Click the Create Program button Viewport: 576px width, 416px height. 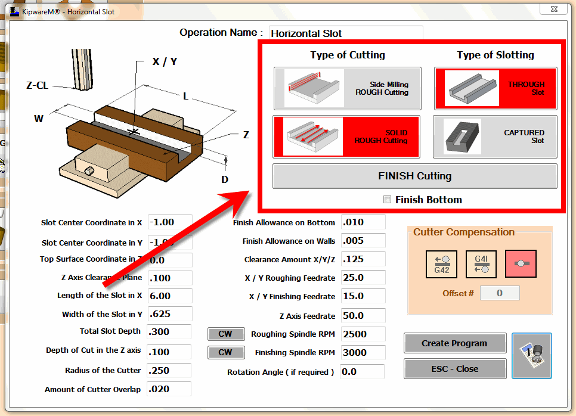pyautogui.click(x=454, y=343)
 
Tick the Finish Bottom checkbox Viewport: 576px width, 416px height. pyautogui.click(x=388, y=200)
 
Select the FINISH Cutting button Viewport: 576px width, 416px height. pyautogui.click(x=414, y=176)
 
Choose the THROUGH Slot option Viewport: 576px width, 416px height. pyautogui.click(x=495, y=88)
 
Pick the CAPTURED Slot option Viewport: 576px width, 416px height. pyautogui.click(x=495, y=136)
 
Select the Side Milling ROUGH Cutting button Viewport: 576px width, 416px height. pyautogui.click(x=347, y=88)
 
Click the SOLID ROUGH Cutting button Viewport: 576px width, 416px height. pyautogui.click(x=346, y=136)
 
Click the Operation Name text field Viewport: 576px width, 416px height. pyautogui.click(x=346, y=33)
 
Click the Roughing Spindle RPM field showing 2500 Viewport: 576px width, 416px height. pyautogui.click(x=363, y=334)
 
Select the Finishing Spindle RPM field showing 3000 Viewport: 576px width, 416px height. pyautogui.click(x=363, y=352)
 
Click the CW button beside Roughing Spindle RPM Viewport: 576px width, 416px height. pyautogui.click(x=225, y=334)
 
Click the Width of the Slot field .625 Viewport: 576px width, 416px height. pyautogui.click(x=169, y=314)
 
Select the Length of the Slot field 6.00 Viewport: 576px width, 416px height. pyautogui.click(x=169, y=296)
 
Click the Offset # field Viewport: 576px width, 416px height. pyautogui.click(x=500, y=293)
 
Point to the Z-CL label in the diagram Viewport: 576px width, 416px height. pyautogui.click(x=37, y=85)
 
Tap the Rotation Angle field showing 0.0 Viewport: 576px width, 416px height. pyautogui.click(x=362, y=372)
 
